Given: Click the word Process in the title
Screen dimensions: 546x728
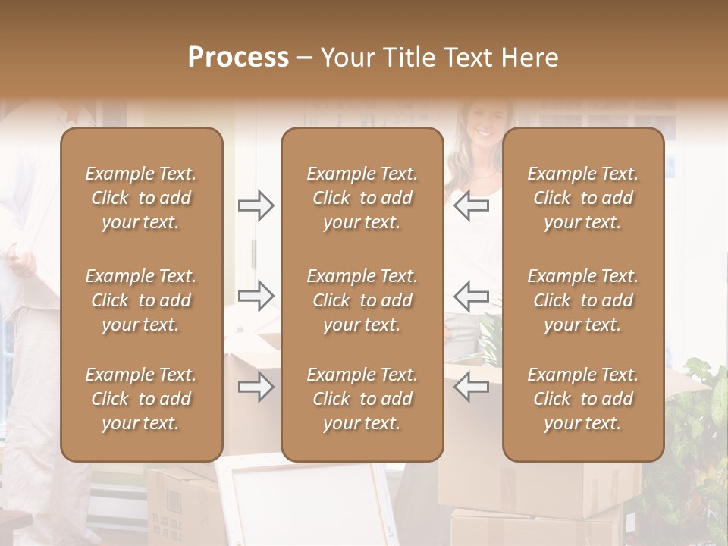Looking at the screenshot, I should click(238, 58).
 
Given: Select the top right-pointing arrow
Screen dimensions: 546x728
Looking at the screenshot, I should click(256, 206).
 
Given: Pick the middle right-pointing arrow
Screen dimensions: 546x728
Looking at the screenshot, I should click(256, 295).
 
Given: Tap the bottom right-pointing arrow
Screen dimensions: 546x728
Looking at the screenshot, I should click(256, 388).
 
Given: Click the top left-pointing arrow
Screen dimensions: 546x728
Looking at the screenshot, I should click(471, 206).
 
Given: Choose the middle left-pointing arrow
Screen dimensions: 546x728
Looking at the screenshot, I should click(471, 295).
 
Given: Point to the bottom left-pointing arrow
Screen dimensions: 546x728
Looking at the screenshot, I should click(471, 388).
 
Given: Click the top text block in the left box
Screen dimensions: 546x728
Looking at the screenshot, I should click(141, 198).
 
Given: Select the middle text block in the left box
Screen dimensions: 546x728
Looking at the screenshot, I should click(141, 300).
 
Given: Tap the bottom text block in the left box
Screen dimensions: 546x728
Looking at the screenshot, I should click(141, 399).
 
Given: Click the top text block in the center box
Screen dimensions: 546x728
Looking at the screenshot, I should click(362, 198).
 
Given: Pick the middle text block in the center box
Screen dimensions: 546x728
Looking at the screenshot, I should click(362, 300).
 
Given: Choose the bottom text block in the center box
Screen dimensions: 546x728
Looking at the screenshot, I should click(362, 399).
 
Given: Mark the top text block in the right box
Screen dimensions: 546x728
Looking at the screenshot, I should click(583, 198).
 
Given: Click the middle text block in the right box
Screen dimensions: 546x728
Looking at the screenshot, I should click(583, 300).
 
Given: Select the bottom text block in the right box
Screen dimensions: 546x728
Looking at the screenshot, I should click(583, 399).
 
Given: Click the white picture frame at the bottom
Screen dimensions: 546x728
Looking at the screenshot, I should click(303, 500).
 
